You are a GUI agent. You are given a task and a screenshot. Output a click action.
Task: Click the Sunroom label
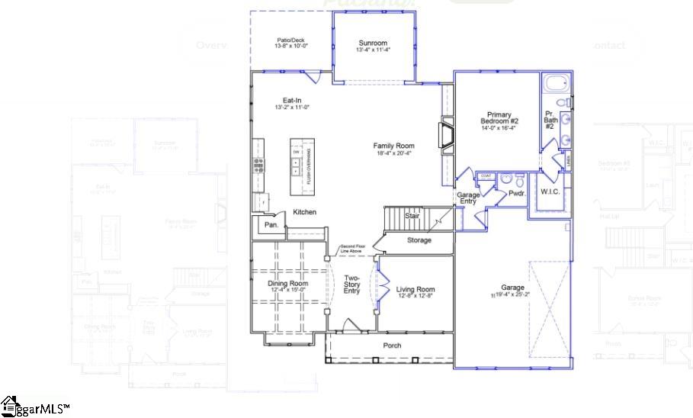pos(374,43)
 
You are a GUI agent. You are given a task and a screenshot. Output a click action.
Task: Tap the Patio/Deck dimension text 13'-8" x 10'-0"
pos(290,47)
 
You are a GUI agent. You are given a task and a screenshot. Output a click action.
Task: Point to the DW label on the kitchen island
pos(296,153)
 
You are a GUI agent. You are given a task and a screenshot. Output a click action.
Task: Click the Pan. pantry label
pos(271,226)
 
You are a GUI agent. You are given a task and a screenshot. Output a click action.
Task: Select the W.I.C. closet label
pos(550,191)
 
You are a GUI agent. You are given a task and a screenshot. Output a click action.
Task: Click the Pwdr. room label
pos(518,194)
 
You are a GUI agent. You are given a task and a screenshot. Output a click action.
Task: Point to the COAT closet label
pos(485,176)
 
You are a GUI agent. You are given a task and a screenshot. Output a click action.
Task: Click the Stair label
pos(412,216)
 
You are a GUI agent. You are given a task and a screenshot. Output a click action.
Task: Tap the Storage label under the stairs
pos(419,240)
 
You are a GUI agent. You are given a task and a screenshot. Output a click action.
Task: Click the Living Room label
pos(415,289)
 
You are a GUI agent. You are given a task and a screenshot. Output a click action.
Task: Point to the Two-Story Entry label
pos(351,284)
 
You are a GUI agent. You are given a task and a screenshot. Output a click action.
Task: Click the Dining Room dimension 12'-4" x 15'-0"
pos(287,290)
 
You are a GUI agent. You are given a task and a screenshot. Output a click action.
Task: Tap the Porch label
pos(392,346)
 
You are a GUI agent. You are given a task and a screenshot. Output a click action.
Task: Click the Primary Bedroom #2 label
pos(499,118)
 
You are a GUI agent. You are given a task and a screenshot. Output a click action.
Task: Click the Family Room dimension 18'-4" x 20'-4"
pos(393,153)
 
